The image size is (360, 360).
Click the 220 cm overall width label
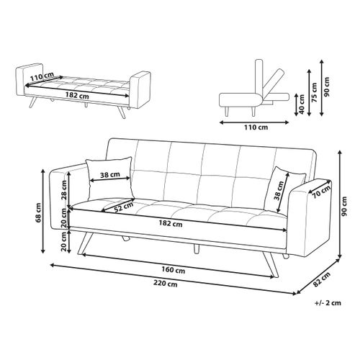click(166, 284)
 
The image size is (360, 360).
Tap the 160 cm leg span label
click(173, 270)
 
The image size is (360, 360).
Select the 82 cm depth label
click(322, 279)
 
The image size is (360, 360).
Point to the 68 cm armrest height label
click(38, 212)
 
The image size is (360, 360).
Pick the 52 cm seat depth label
click(123, 207)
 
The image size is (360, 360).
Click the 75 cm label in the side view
click(315, 92)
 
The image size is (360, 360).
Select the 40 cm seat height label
click(302, 104)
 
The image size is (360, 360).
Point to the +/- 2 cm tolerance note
click(328, 302)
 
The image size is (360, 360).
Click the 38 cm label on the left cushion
click(110, 175)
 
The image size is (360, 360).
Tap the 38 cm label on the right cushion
click(279, 191)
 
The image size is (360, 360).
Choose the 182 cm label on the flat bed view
click(77, 96)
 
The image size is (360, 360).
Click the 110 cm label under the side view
click(256, 127)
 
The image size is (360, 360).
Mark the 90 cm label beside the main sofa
click(344, 206)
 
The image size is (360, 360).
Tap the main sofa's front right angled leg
click(271, 264)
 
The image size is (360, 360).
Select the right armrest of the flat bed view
click(140, 90)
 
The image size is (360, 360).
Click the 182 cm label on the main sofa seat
click(171, 224)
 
